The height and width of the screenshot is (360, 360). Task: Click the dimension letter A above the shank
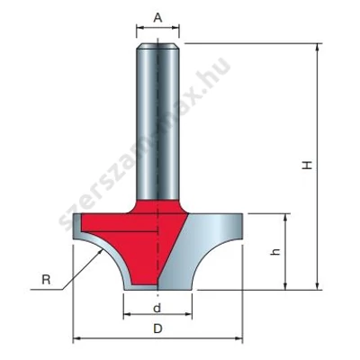(x=157, y=18)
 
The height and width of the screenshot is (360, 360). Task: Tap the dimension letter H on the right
(x=307, y=166)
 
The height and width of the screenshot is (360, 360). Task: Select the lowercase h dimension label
(x=275, y=252)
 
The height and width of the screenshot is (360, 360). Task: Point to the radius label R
(x=46, y=280)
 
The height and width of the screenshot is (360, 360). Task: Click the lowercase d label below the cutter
(x=157, y=308)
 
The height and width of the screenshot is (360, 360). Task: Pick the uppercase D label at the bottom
(x=157, y=328)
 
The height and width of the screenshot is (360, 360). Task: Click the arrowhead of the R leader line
(x=100, y=254)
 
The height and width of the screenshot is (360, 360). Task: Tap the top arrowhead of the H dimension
(x=317, y=47)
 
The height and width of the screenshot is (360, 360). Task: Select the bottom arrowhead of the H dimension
(x=317, y=286)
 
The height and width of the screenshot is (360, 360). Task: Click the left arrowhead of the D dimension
(x=76, y=338)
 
